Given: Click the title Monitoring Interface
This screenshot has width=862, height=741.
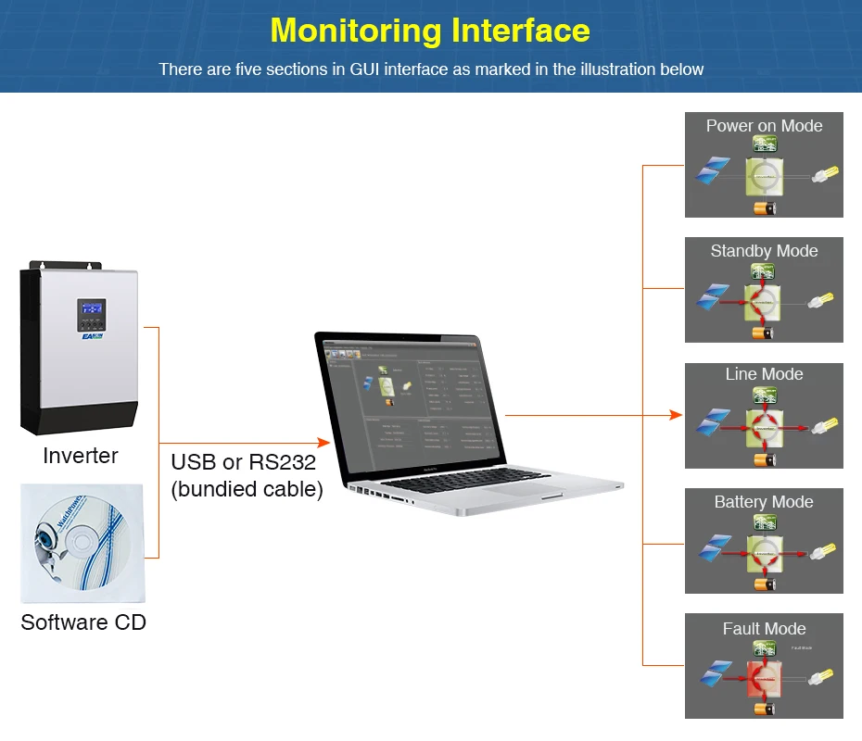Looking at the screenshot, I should point(430,30).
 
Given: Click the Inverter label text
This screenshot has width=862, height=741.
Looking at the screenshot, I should point(81,456).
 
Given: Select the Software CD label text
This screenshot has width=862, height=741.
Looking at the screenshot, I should point(83,622).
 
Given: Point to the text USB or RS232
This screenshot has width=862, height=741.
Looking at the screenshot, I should point(243,462).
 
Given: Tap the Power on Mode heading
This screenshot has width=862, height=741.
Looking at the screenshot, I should point(764,126).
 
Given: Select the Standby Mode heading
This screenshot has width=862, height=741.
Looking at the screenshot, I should point(764,251).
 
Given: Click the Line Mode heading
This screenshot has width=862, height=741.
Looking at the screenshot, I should point(764,374).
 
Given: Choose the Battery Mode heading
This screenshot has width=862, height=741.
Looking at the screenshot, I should point(764,502).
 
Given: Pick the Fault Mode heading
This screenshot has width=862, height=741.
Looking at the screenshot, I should point(764,629).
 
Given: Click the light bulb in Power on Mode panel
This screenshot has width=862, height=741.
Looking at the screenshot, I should point(825,174).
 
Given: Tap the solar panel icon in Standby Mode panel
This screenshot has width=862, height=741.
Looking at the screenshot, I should point(712,298).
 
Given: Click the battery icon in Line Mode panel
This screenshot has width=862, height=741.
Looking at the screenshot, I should point(764,458).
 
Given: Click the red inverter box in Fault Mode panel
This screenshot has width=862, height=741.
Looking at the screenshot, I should point(765,679).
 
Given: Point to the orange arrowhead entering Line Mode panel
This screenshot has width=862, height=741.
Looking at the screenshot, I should point(677,415).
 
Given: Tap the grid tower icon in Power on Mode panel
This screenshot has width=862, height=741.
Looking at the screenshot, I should point(764,144).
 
